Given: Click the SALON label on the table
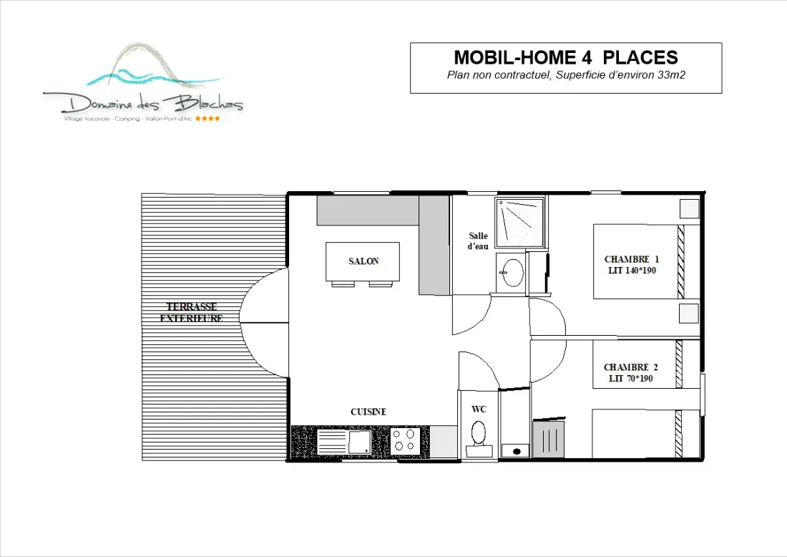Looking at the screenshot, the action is (x=363, y=261).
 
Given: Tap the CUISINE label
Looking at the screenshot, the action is (x=368, y=412).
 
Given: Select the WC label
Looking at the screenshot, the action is (x=479, y=410).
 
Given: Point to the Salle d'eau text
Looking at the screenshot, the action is (x=478, y=241).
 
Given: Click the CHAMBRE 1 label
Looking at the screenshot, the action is (x=632, y=259).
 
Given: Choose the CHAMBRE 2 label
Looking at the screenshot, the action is (x=631, y=367).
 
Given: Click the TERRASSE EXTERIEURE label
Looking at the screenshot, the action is (x=191, y=312).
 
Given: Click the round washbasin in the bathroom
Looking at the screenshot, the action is (x=513, y=272).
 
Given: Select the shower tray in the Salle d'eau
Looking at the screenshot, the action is (x=519, y=223).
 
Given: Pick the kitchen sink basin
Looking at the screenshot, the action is (x=359, y=442).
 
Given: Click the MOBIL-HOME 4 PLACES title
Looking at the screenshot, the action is (x=566, y=57).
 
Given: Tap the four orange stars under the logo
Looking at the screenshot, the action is (x=207, y=119).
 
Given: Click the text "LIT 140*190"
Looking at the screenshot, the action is (x=632, y=270).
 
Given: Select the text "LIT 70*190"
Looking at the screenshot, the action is (x=631, y=379).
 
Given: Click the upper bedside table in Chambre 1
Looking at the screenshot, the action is (x=689, y=208).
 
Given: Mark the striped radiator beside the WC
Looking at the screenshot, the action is (x=549, y=439).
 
